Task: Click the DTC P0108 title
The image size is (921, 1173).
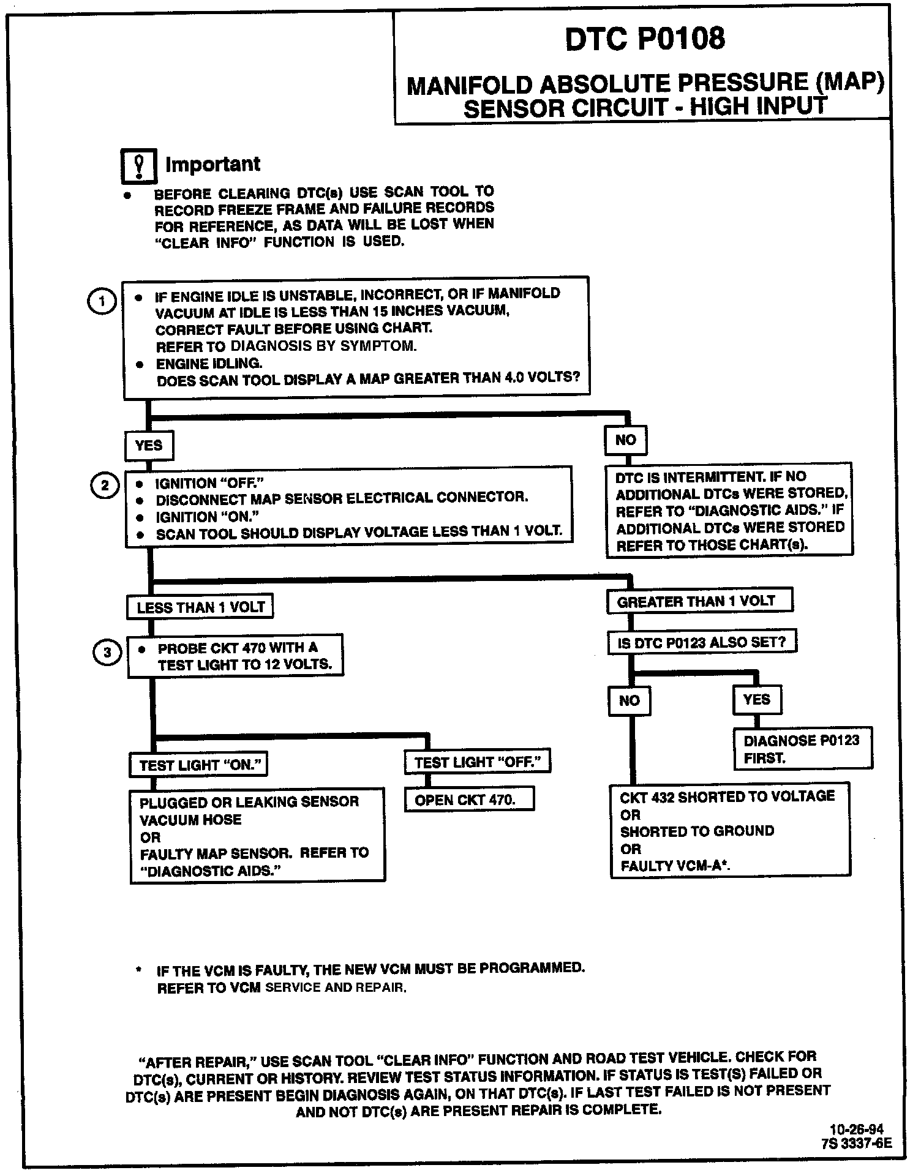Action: pyautogui.click(x=644, y=39)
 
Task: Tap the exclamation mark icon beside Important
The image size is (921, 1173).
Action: pyautogui.click(x=139, y=166)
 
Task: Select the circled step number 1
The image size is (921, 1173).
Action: pyautogui.click(x=102, y=301)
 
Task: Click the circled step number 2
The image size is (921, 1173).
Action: pyautogui.click(x=105, y=485)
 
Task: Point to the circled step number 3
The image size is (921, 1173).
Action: pyautogui.click(x=107, y=653)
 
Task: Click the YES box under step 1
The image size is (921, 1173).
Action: pyautogui.click(x=149, y=446)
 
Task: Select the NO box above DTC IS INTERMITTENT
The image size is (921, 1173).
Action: pyautogui.click(x=625, y=440)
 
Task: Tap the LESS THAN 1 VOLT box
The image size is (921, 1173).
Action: pyautogui.click(x=200, y=607)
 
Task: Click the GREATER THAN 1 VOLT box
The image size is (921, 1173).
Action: pyautogui.click(x=699, y=601)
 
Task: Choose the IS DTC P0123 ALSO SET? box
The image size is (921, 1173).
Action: pyautogui.click(x=702, y=643)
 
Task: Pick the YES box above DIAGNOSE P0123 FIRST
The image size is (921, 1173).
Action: pyautogui.click(x=757, y=700)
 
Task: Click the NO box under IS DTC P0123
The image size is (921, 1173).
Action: pyautogui.click(x=630, y=701)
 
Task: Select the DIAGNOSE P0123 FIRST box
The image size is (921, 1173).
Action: pyautogui.click(x=802, y=749)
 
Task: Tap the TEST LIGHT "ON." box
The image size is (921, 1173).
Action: pyautogui.click(x=200, y=765)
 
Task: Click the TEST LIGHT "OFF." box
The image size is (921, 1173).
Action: pyautogui.click(x=478, y=762)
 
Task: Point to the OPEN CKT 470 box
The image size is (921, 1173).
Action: pyautogui.click(x=469, y=800)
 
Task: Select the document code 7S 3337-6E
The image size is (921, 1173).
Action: pyautogui.click(x=857, y=1143)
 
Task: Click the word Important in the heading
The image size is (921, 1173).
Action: pyautogui.click(x=212, y=165)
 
